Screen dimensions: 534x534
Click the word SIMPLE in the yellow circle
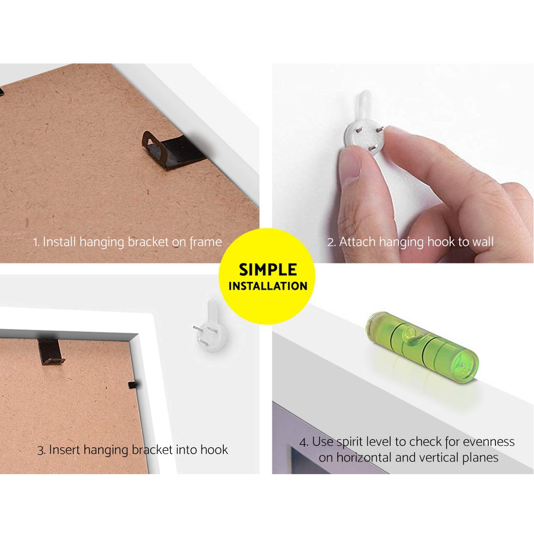click(268, 270)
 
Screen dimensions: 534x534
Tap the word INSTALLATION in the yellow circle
click(268, 286)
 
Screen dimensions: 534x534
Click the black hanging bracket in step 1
click(174, 150)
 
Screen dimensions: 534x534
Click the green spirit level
click(422, 348)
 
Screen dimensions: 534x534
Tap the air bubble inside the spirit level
click(410, 333)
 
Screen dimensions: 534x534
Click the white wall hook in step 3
click(210, 327)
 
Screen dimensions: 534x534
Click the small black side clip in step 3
click(132, 385)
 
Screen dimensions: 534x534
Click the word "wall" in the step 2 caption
click(483, 242)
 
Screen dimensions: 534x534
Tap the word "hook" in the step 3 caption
click(214, 450)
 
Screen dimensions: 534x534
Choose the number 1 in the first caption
click(35, 242)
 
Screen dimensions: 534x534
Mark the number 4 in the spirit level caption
click(303, 443)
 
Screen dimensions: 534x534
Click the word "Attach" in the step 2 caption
click(358, 242)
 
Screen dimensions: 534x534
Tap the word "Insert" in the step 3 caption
click(65, 450)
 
